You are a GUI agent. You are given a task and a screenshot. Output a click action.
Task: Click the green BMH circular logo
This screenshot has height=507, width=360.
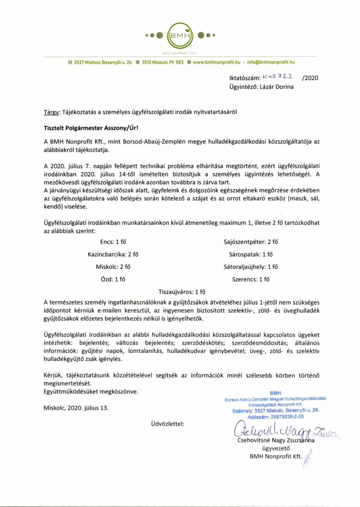point(179,36)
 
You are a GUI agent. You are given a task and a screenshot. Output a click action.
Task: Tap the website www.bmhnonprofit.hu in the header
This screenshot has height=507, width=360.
point(216,62)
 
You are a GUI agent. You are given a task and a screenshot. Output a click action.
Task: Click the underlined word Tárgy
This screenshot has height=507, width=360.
point(51,112)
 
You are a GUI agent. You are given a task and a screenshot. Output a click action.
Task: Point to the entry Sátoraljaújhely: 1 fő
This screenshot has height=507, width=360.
point(251,267)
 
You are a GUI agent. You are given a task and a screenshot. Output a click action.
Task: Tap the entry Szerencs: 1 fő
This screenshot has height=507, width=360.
point(251,279)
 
